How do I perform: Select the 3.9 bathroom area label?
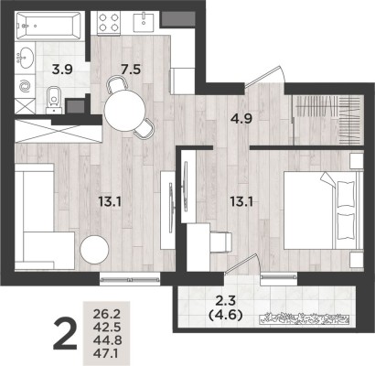pos(61,68)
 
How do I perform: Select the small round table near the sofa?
pos(95,251)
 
